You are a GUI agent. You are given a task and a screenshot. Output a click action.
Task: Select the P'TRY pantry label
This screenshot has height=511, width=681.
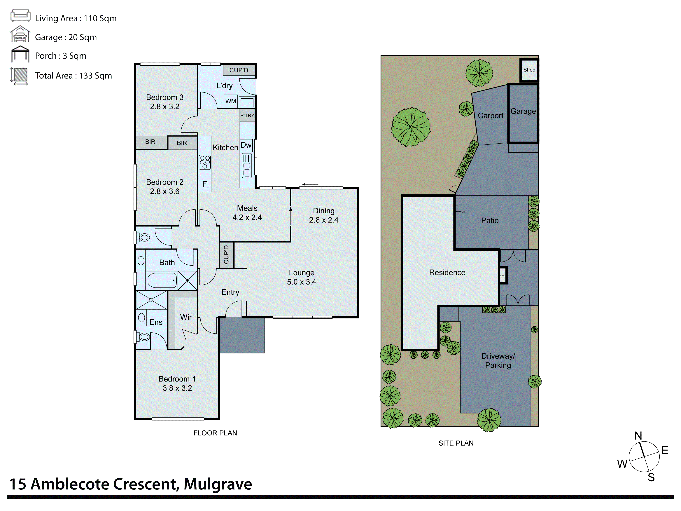pyautogui.click(x=247, y=116)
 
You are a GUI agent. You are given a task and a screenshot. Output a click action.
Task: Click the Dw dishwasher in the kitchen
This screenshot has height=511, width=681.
pyautogui.click(x=246, y=145)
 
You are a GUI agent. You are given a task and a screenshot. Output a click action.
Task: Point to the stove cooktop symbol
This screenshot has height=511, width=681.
pyautogui.click(x=205, y=162)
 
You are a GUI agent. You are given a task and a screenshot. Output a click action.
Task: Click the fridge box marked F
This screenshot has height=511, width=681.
pyautogui.click(x=204, y=184)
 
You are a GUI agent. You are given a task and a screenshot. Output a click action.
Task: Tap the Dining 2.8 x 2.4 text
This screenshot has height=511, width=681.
pyautogui.click(x=324, y=215)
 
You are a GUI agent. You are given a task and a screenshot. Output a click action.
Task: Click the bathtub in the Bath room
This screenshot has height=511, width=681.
pyautogui.click(x=162, y=280)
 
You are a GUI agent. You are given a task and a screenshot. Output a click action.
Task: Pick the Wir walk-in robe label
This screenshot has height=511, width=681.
pyautogui.click(x=186, y=317)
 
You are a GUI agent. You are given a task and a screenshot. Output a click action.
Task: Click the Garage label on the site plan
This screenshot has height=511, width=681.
pyautogui.click(x=523, y=111)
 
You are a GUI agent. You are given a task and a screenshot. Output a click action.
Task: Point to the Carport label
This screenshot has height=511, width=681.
pyautogui.click(x=490, y=116)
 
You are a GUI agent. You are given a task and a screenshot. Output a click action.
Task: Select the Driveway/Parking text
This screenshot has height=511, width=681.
pyautogui.click(x=498, y=361)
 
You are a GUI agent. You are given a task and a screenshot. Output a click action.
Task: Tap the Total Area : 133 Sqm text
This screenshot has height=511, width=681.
pyautogui.click(x=73, y=76)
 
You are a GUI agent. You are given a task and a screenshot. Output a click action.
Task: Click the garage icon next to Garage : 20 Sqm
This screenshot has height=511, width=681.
pyautogui.click(x=20, y=34)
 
